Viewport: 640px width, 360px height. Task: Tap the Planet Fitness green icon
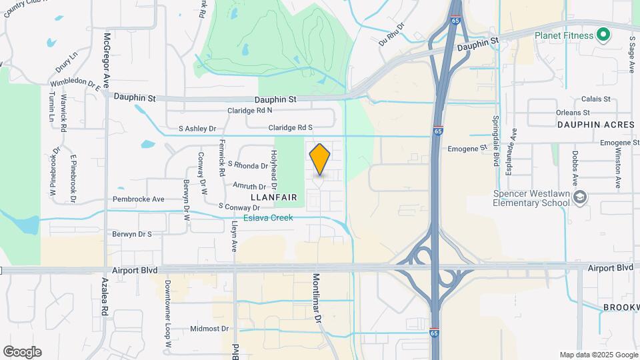point(603,35)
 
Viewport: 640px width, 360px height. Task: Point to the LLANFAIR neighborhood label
point(273,198)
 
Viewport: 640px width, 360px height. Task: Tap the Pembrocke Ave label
point(139,199)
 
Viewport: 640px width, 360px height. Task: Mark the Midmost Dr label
point(209,329)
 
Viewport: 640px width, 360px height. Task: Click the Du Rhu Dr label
point(391,35)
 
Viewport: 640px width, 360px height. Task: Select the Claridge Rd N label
point(250,111)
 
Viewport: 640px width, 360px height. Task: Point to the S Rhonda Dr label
point(247,165)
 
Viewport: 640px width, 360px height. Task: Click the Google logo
point(22,352)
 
